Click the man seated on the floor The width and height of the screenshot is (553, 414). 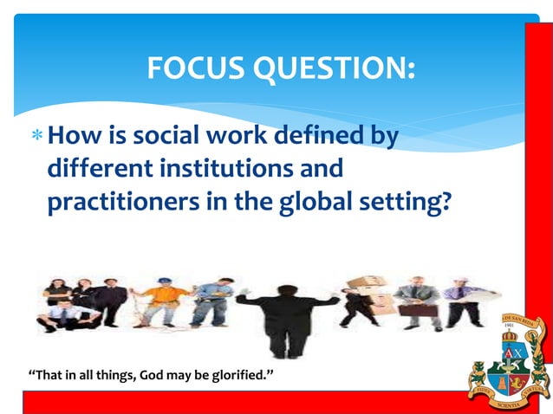61,317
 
